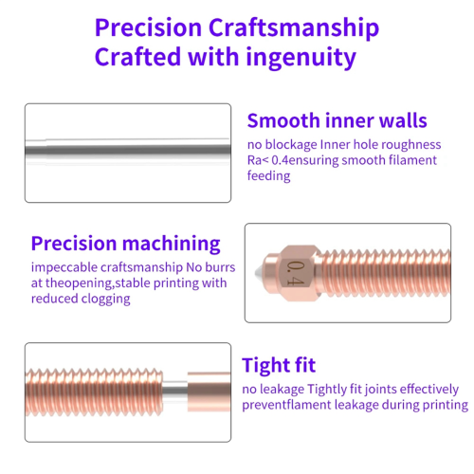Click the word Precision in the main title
coord(148,27)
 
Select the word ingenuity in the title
coord(301,58)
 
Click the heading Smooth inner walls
coord(337,120)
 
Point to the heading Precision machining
coord(125,244)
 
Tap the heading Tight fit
coord(279,365)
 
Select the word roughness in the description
coord(411,145)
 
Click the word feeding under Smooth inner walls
coord(268,175)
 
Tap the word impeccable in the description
coord(64,268)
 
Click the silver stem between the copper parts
coord(174,392)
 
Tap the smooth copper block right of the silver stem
coord(209,392)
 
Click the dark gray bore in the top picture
coord(128,150)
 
